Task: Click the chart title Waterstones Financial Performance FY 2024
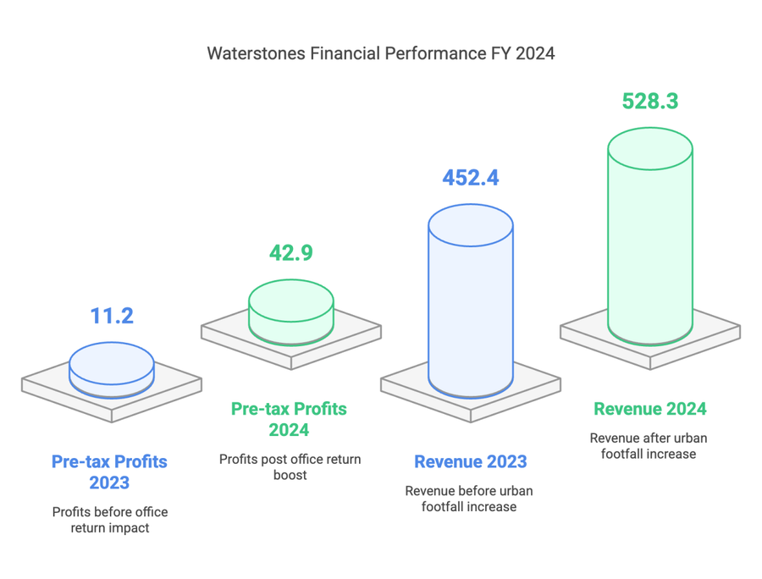[x=381, y=53]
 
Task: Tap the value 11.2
[x=112, y=316]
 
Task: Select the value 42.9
[x=290, y=252]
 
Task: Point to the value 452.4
[x=470, y=178]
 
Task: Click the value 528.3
[x=650, y=101]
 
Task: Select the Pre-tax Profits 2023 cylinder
[x=112, y=372]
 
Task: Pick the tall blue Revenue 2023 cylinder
[x=470, y=313]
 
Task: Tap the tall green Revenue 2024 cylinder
[x=650, y=254]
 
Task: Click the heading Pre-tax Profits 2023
[x=110, y=472]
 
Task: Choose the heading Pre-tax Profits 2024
[x=289, y=419]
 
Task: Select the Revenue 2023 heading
[x=470, y=462]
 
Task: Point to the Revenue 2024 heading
[x=650, y=409]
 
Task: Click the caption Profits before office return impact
[x=110, y=521]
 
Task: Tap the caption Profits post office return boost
[x=290, y=467]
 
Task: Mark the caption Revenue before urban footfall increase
[x=469, y=499]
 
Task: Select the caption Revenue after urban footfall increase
[x=649, y=445]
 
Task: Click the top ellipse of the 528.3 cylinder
[x=650, y=150]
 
